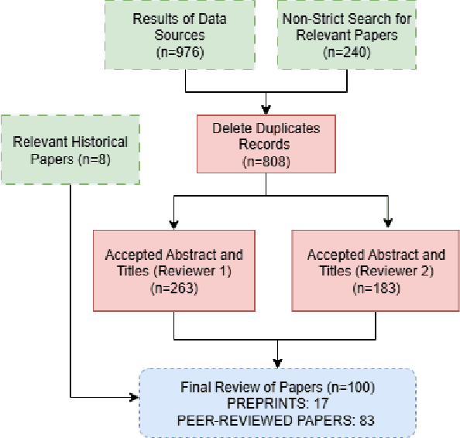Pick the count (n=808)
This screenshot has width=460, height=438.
[266, 161]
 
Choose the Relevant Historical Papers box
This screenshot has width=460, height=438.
[70, 149]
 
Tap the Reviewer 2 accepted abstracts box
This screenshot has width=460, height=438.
[376, 271]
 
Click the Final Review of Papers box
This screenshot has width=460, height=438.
[276, 402]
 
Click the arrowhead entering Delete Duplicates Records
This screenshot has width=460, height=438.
[266, 108]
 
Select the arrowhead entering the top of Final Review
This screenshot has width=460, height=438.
[276, 363]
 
